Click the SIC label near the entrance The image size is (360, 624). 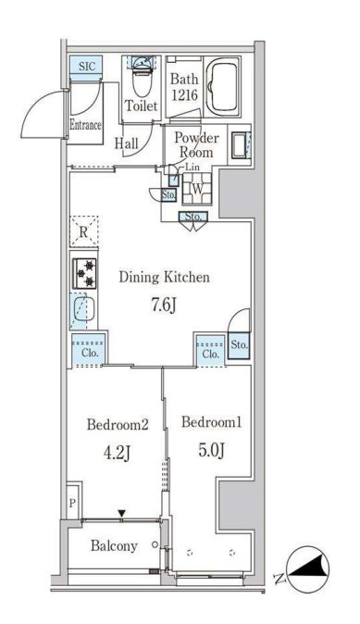point(87,66)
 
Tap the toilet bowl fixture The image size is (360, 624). point(142,78)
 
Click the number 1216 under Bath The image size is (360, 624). point(184,95)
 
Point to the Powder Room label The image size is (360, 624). point(197,144)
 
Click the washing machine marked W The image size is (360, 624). point(197,189)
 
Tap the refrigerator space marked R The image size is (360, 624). point(83,231)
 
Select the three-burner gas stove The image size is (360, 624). point(85,272)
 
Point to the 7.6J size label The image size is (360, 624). point(163,306)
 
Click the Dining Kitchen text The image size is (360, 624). point(165,277)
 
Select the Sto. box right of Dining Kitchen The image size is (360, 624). point(239,345)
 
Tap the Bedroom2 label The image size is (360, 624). point(118,425)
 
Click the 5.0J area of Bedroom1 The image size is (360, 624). point(213,451)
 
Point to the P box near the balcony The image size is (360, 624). point(72,503)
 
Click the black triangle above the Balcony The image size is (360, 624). point(122,515)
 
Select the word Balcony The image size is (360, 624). point(114,546)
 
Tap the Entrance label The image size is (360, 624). point(85,125)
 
